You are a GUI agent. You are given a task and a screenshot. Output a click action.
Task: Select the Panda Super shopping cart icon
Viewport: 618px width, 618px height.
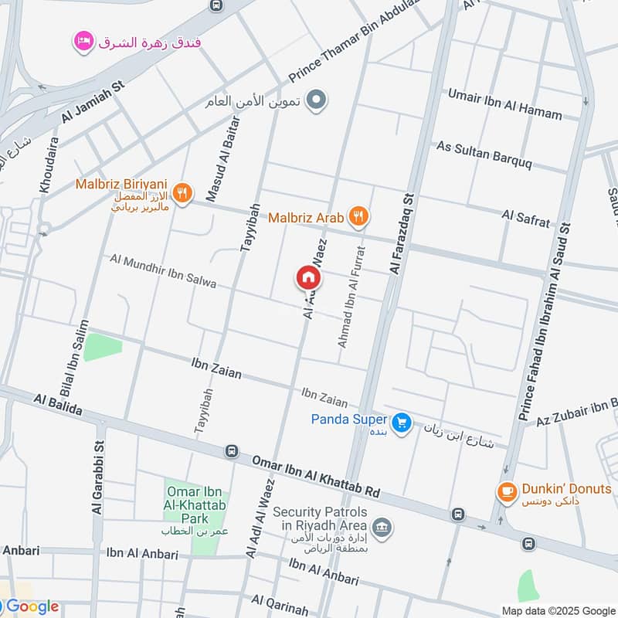[400, 422]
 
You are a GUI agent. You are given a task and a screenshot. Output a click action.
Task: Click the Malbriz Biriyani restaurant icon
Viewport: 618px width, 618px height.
[182, 192]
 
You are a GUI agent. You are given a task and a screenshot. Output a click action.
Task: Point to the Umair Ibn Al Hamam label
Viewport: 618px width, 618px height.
[505, 104]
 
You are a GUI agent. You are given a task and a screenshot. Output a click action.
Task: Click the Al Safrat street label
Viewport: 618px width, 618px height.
[526, 217]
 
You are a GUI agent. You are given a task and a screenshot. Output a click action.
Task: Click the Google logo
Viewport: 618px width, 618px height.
[32, 606]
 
